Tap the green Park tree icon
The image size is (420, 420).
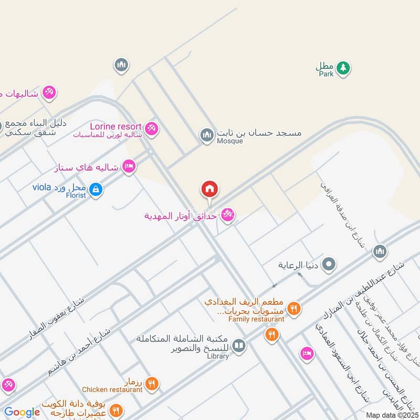pyautogui.click(x=343, y=68)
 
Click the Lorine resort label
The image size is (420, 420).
pyautogui.click(x=115, y=127)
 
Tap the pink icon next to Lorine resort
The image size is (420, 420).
pyautogui.click(x=152, y=128)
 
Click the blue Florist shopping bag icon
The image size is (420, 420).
pyautogui.click(x=96, y=189)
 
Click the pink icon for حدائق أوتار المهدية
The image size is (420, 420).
pyautogui.click(x=227, y=215)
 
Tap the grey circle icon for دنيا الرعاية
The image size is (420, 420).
pyautogui.click(x=329, y=265)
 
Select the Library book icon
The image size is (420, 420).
pyautogui.click(x=239, y=345)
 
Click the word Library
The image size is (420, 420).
pyautogui.click(x=218, y=356)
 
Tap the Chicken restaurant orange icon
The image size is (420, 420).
pyautogui.click(x=152, y=384)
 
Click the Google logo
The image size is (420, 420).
pyautogui.click(x=22, y=412)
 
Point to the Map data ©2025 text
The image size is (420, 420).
pyautogui.click(x=391, y=415)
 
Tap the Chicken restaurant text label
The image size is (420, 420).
pyautogui.click(x=112, y=390)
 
